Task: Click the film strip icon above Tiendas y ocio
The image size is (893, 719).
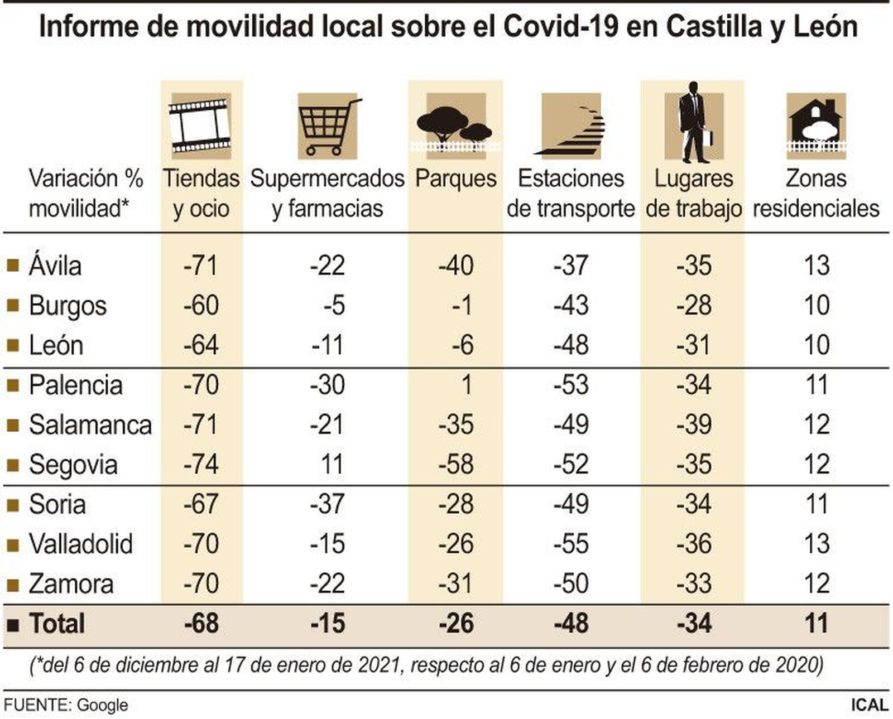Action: pos(200,126)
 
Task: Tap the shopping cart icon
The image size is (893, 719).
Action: pos(328,126)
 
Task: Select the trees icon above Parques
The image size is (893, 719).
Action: pos(455,126)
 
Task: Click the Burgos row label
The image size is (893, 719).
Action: pos(68,306)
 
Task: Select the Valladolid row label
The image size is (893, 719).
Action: pos(81,544)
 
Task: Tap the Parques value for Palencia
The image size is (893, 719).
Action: pos(466,385)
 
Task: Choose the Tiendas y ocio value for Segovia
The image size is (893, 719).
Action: pos(201,464)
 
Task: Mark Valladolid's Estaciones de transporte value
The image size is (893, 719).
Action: pos(571,544)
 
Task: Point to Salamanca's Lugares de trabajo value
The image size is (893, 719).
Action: pos(694,424)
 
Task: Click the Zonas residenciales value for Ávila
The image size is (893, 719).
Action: pos(817,266)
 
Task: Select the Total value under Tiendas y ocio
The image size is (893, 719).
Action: pos(201,624)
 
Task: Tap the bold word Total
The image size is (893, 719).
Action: pos(57,624)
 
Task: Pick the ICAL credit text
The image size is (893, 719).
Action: pos(869,704)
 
